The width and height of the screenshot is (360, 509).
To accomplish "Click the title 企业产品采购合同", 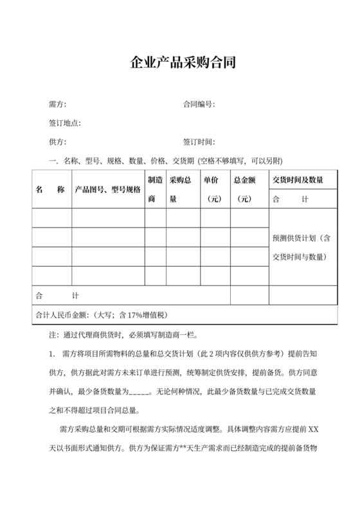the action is click(x=180, y=63).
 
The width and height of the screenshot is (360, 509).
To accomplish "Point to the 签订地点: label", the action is click(x=65, y=123).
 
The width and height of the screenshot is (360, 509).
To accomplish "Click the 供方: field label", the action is click(x=57, y=142).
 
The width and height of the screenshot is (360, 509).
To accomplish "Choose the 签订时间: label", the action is click(x=199, y=142).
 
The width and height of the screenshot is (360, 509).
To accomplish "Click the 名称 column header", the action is click(x=51, y=190).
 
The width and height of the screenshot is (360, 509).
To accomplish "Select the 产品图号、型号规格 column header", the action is click(x=107, y=190).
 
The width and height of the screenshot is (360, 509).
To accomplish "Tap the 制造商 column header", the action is click(x=155, y=190).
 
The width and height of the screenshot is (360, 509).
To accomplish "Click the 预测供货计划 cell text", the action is click(x=301, y=247).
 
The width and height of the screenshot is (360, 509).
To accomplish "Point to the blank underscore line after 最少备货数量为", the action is click(x=139, y=391).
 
